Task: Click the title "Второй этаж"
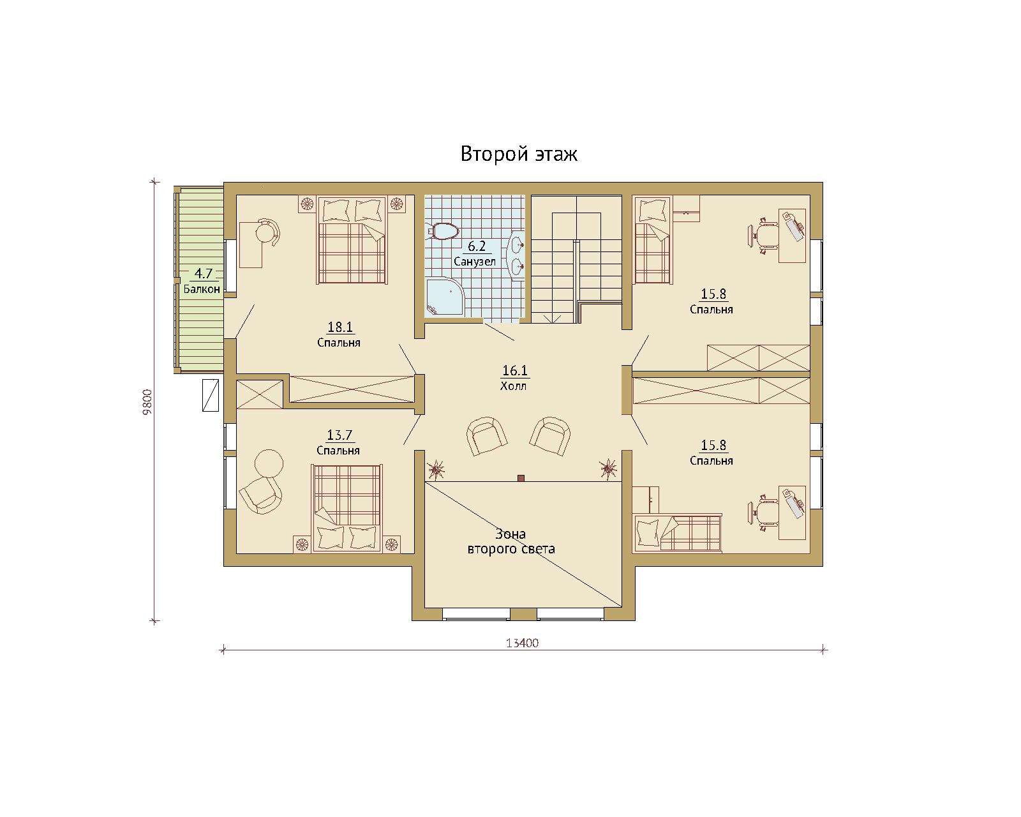(519, 154)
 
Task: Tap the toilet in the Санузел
(443, 231)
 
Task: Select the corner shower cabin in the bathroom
(445, 297)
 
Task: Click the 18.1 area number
(340, 327)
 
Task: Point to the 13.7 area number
(339, 435)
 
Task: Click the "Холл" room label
(513, 386)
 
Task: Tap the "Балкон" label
(202, 289)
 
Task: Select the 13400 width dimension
(523, 643)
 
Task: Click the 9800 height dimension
(147, 402)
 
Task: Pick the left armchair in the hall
(487, 436)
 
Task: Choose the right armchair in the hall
(550, 436)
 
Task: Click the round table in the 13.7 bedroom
(269, 464)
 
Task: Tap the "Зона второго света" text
(511, 541)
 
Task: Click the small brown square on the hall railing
(521, 478)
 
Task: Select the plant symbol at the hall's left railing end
(436, 469)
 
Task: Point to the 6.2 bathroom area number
(477, 246)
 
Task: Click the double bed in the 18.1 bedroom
(352, 241)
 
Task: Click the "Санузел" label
(474, 262)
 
